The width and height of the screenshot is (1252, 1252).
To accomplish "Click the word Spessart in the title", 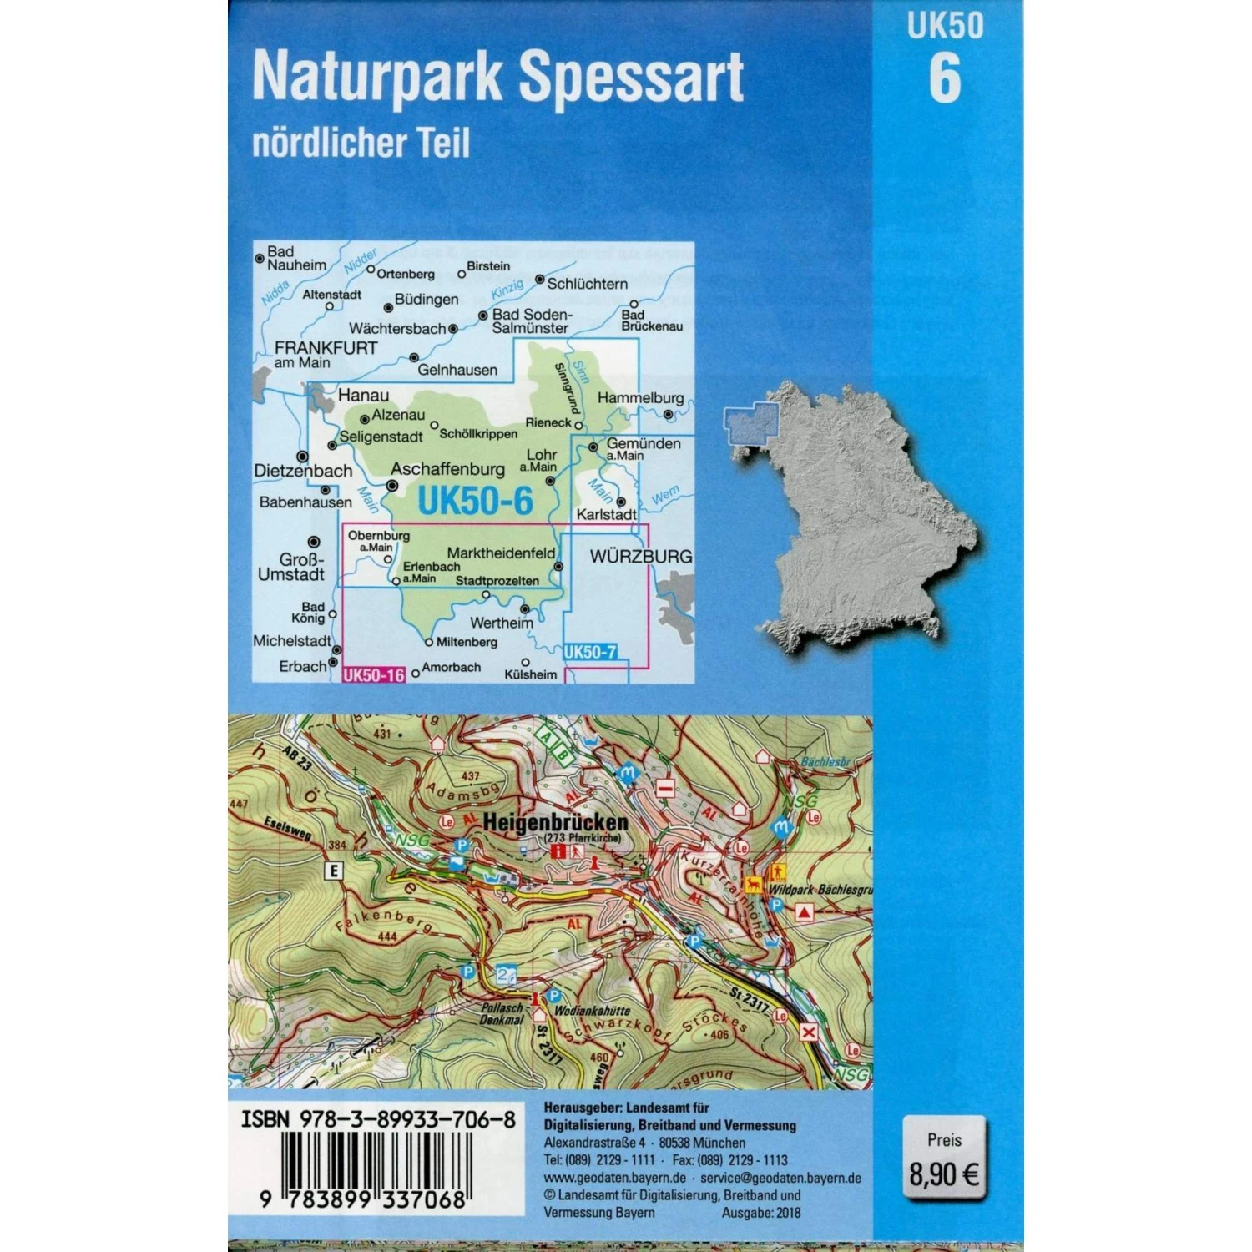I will [631, 77].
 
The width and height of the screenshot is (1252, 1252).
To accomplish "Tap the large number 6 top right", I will [945, 79].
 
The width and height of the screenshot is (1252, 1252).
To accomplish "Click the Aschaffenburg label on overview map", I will [447, 469].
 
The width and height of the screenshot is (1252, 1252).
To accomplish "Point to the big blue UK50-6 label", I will [474, 501].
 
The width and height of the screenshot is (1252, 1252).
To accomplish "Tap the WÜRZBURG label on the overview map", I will [641, 556].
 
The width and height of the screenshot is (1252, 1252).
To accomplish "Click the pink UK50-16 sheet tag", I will [373, 674].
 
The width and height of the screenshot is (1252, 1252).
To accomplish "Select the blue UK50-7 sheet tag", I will [590, 652].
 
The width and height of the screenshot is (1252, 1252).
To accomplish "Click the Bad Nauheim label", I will [295, 258].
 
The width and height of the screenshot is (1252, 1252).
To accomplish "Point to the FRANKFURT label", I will [326, 348].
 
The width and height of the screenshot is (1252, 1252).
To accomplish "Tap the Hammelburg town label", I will [640, 398].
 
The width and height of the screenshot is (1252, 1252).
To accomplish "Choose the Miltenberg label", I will [466, 642].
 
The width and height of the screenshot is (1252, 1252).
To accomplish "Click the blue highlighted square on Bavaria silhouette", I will [750, 424].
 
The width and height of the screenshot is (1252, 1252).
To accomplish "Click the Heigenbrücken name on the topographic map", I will [555, 822].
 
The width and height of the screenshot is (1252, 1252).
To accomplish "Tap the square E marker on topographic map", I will [334, 871].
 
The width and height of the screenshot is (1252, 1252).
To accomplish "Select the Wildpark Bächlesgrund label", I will [820, 890].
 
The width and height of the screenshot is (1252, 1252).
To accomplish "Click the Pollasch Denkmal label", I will [502, 1014].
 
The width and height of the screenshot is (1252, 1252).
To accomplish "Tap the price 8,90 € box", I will [944, 1161].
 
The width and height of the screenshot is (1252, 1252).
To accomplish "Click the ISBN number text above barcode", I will [377, 1119].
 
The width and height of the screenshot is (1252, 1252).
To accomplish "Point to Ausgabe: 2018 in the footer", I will [760, 1213].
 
